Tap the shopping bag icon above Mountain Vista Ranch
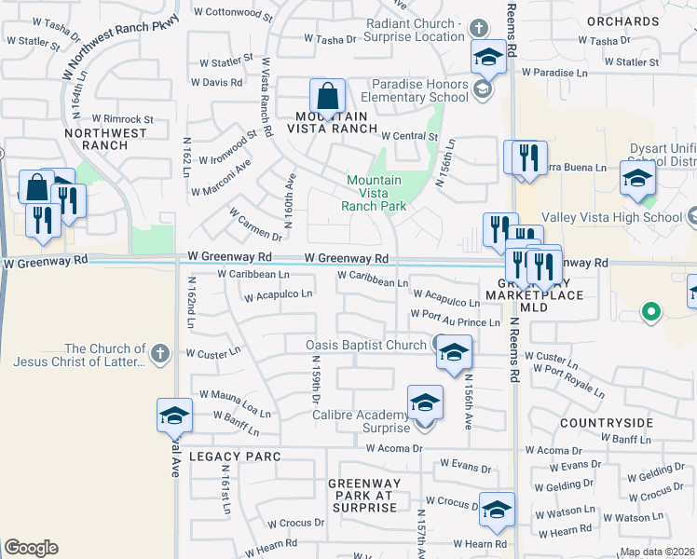(328, 96)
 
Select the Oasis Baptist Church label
(366, 345)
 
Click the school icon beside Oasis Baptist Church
(454, 352)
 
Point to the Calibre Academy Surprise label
(361, 421)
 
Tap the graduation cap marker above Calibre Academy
(425, 403)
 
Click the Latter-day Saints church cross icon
(159, 353)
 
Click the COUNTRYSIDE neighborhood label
(606, 423)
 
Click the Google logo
(31, 548)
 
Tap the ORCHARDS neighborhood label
(623, 20)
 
